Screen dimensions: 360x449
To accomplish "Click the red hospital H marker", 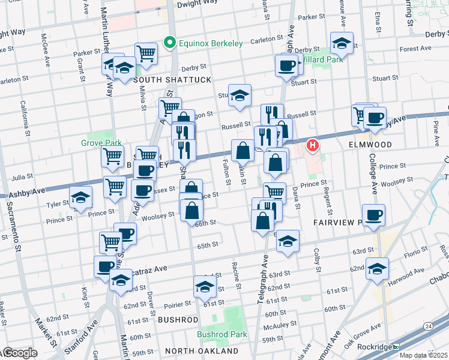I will [313, 145].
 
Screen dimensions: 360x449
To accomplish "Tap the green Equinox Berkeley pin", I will [169, 43].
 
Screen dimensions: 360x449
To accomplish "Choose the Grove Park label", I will [97, 143].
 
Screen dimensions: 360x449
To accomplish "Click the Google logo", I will [19, 353].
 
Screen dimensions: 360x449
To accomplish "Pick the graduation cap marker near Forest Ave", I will [342, 43].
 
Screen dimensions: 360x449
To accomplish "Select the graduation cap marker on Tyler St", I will [80, 198].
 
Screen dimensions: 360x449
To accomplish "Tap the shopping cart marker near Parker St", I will [146, 54].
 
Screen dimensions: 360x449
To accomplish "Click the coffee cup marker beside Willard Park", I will [287, 65].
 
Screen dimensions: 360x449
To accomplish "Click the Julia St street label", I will [22, 177].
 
